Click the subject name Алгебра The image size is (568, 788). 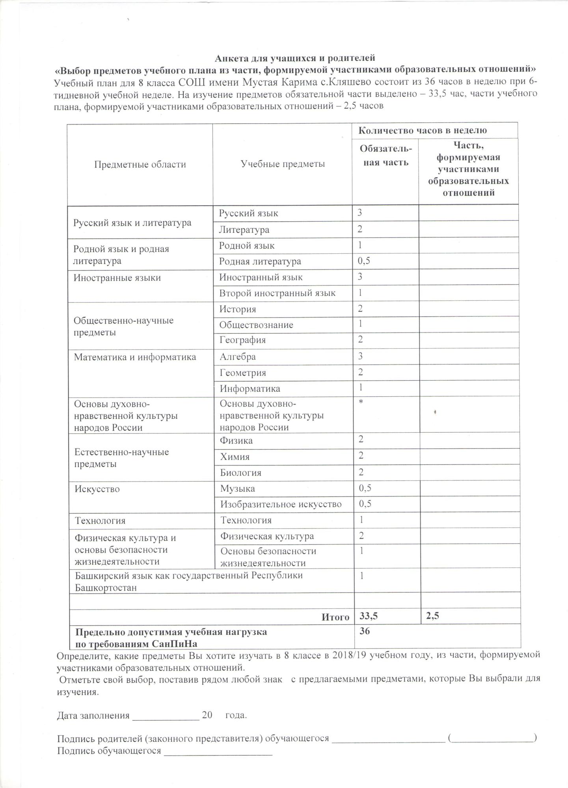(x=238, y=357)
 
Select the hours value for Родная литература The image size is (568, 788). (x=364, y=261)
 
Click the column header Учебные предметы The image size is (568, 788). (x=283, y=164)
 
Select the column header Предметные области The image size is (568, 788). (x=140, y=164)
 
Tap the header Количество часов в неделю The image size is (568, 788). (x=422, y=130)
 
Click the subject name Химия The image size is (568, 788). (x=235, y=457)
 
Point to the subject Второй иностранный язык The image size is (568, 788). (x=277, y=293)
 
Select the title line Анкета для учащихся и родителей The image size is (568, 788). (x=294, y=59)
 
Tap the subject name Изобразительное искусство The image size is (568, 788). (x=281, y=504)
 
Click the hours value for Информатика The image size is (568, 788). (x=361, y=388)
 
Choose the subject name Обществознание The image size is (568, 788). (x=256, y=325)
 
